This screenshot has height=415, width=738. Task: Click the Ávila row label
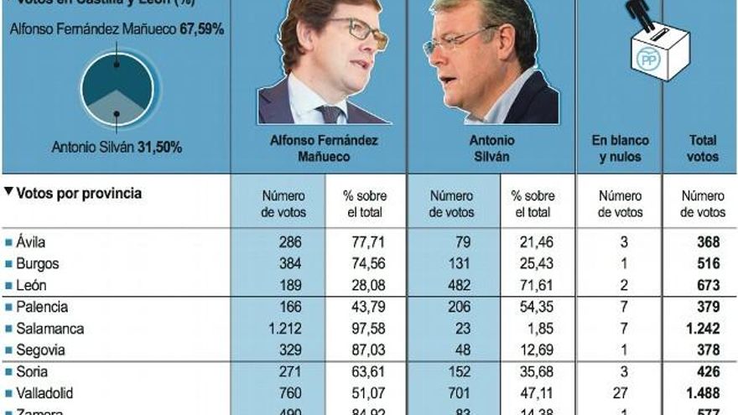click(x=30, y=241)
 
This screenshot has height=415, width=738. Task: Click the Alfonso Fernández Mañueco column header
click(x=324, y=148)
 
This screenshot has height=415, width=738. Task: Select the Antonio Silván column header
click(x=492, y=148)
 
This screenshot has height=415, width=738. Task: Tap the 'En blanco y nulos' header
click(x=620, y=148)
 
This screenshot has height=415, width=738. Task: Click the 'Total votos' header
click(x=703, y=148)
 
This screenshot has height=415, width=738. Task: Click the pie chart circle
click(x=117, y=90)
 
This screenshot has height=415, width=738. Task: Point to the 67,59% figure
click(x=202, y=29)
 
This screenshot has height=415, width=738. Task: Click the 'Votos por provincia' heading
click(x=79, y=193)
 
